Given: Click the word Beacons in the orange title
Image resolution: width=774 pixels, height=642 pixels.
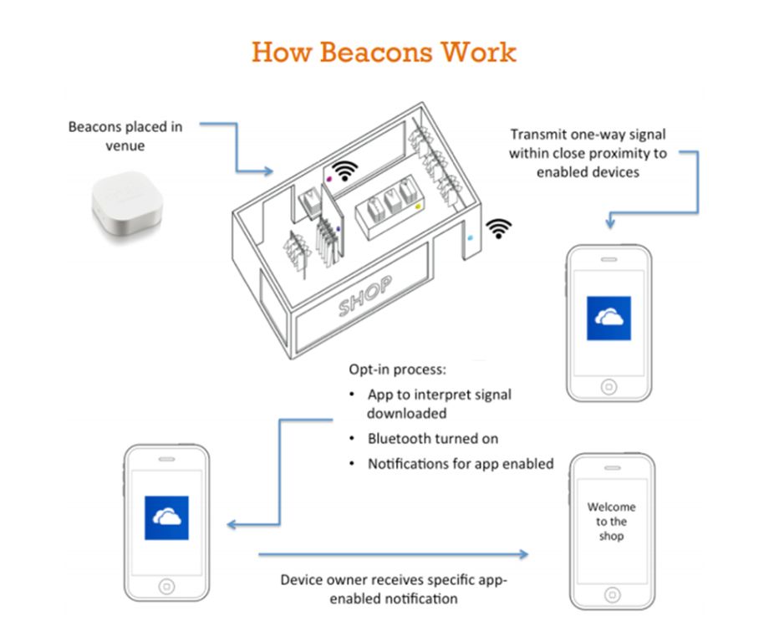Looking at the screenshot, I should [x=364, y=53].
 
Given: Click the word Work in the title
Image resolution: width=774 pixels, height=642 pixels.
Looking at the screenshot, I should [x=480, y=53].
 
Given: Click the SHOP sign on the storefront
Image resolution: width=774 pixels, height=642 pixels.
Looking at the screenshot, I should [x=365, y=296].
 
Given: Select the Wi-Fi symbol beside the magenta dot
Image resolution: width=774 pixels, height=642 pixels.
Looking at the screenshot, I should [x=344, y=169].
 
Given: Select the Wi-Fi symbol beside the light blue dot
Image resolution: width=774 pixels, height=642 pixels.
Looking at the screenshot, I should [x=499, y=228].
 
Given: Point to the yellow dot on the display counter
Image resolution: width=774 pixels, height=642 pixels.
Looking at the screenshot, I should [x=417, y=205].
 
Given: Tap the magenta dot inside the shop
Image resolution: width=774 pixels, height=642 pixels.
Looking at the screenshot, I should [x=328, y=179].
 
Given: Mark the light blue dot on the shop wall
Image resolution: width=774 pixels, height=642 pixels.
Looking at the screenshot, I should [x=470, y=237].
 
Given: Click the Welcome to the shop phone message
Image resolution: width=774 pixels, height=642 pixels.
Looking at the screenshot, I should [x=611, y=521].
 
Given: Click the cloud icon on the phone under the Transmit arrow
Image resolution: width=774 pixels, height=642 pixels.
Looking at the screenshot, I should [x=609, y=318].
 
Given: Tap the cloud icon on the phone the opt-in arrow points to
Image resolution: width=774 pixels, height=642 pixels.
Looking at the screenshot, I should [x=166, y=518].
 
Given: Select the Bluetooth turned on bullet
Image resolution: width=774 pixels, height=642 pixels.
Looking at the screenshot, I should [x=432, y=438].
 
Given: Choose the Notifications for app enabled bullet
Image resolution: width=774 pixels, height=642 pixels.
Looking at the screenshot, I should [x=460, y=463].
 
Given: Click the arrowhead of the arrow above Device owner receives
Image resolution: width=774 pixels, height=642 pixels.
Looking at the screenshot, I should [x=525, y=553].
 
